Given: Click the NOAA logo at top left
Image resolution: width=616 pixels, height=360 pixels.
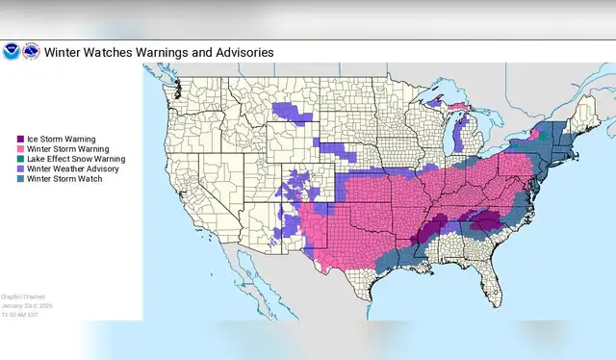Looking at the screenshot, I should click(x=11, y=51).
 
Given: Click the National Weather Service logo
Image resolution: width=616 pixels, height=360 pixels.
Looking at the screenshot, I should click(x=31, y=51).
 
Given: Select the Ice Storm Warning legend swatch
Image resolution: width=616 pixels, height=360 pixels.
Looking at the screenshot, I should click(x=20, y=139).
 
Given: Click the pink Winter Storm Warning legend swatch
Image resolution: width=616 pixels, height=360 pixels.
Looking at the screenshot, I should click(x=20, y=148).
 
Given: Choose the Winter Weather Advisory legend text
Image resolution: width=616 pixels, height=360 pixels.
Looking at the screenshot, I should click(x=72, y=168).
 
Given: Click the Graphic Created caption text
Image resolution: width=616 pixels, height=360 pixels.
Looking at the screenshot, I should click(x=21, y=296).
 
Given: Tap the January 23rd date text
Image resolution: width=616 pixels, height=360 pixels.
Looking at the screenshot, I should click(x=25, y=305).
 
